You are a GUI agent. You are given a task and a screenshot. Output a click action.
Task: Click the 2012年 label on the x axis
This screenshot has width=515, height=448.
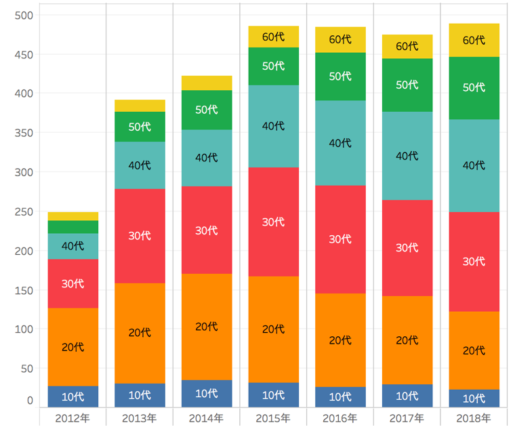tap(73, 418)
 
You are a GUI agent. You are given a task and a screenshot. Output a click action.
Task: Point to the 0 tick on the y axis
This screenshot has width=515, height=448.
tap(29, 401)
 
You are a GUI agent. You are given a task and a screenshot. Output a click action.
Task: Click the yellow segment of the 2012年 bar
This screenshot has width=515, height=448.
tap(73, 216)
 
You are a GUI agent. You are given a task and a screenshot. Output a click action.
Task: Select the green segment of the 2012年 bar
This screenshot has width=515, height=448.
tap(73, 227)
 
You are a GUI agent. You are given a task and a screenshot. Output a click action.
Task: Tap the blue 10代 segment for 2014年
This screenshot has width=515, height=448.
tap(206, 394)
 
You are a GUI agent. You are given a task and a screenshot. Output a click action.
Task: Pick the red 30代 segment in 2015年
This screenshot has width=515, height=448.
tap(273, 222)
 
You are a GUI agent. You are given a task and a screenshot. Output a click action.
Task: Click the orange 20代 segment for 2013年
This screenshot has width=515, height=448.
tap(140, 333)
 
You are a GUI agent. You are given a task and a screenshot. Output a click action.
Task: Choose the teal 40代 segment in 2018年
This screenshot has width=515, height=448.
tap(474, 165)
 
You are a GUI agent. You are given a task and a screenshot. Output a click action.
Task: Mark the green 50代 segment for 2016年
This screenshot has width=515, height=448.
tap(339, 77)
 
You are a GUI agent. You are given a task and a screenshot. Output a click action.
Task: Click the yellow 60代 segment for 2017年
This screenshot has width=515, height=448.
tap(407, 46)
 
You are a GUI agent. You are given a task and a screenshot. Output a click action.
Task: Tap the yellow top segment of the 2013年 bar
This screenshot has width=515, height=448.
tap(140, 106)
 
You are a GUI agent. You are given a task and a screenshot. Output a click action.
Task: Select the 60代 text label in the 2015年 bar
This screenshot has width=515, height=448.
tap(273, 37)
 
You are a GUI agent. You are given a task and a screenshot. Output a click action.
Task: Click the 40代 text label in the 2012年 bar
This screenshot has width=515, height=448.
tap(73, 246)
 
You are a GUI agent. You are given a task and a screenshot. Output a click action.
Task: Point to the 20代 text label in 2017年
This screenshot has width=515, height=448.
tap(407, 340)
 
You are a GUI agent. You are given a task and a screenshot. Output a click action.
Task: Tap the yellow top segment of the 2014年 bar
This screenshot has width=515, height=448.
tap(206, 83)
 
